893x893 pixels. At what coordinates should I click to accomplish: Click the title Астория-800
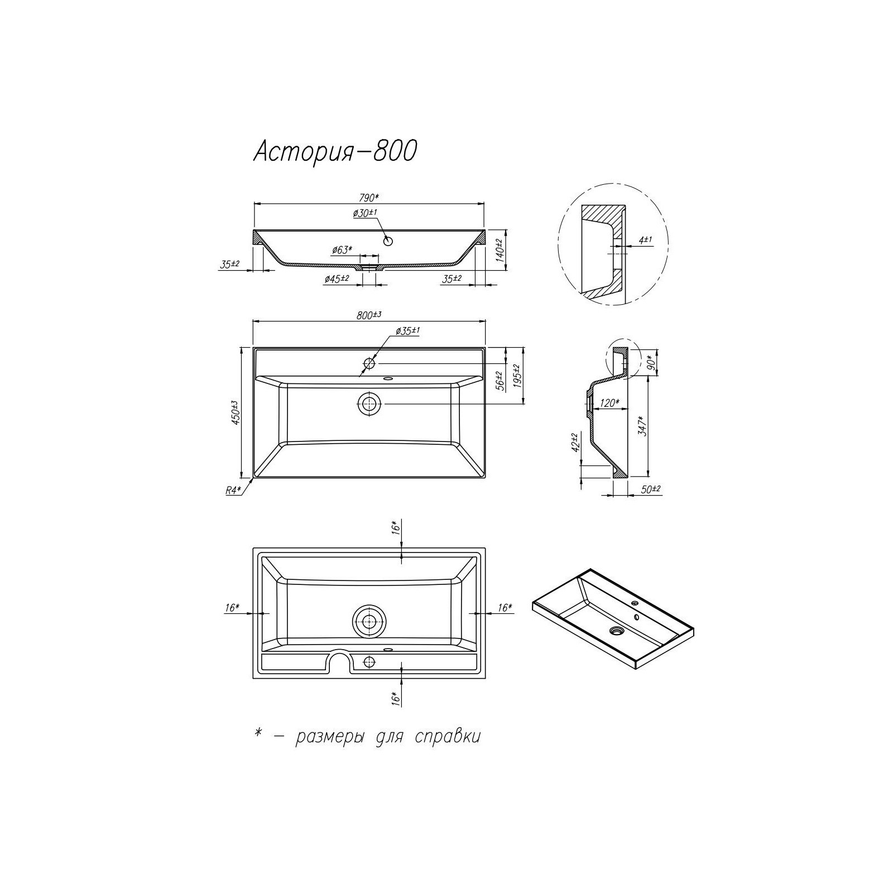point(335,151)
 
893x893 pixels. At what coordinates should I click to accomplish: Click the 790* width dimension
point(369,197)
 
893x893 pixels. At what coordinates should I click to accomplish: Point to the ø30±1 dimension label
point(366,213)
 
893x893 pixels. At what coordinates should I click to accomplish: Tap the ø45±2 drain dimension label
point(337,279)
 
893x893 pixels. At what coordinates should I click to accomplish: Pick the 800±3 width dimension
point(368,315)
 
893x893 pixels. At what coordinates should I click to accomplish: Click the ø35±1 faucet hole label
point(407,331)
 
